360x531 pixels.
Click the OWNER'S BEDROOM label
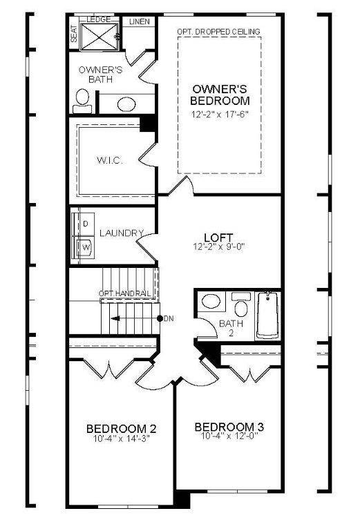point(220,95)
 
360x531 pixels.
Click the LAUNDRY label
point(121,233)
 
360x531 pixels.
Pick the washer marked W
point(86,246)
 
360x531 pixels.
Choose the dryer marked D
point(86,224)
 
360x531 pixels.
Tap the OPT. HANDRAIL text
point(124,294)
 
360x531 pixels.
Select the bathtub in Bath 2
point(267,316)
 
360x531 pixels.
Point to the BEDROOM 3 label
point(229,426)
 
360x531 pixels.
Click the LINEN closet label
point(140,22)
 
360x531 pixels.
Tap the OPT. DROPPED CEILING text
point(218,32)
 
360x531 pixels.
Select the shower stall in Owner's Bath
point(101,37)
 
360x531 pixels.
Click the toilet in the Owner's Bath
point(82,100)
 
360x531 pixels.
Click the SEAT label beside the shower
point(74,35)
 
